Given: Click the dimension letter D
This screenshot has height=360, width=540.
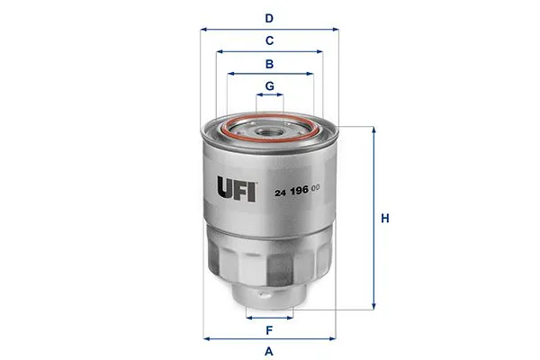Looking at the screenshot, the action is click(269, 18).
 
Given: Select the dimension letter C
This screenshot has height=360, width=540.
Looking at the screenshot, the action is click(269, 40).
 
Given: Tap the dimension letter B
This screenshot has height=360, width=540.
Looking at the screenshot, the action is click(269, 64).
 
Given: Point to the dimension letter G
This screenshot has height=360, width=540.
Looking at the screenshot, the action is click(270, 86).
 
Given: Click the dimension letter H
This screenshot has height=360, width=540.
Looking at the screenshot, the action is click(385, 219).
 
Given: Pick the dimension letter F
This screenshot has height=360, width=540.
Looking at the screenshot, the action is click(269, 330).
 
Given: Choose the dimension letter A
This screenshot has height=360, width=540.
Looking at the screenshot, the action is click(269, 352).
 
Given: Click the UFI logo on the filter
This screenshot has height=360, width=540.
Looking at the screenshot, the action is click(236, 188).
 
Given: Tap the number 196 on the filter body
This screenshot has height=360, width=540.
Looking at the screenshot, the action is click(300, 191).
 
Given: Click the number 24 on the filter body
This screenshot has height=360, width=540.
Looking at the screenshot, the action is click(280, 193).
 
